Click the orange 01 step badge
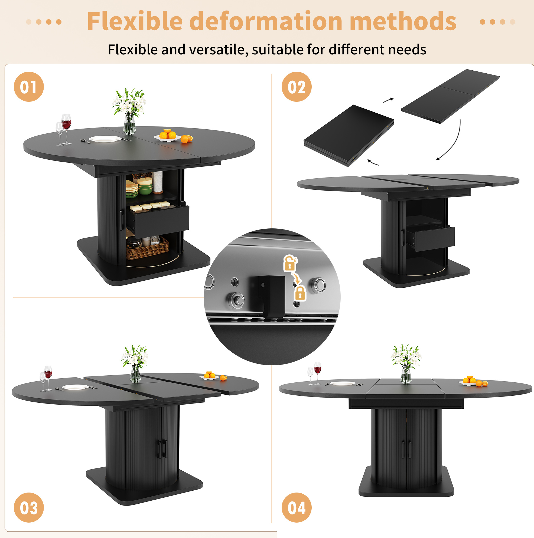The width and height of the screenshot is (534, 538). point(29,87)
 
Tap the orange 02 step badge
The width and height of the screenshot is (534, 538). point(297,87)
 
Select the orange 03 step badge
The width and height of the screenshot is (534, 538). point(29,507)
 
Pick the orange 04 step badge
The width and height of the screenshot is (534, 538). point(297,507)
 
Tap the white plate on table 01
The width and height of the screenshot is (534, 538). point(105,139)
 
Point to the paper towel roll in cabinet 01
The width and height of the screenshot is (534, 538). point(158,182)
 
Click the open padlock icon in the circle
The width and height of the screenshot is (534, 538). point(290,263)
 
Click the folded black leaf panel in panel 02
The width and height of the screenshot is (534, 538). point(349,136)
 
